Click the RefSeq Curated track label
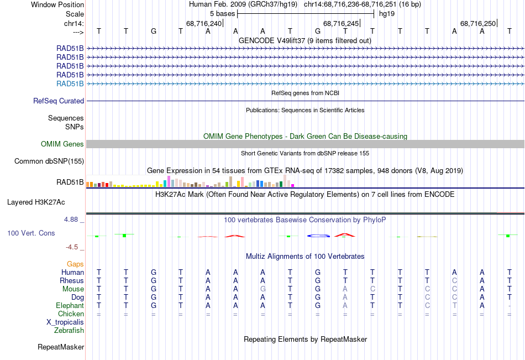tap(59, 101)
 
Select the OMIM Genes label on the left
tap(62, 144)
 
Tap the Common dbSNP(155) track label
tap(49, 161)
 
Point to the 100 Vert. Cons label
tap(31, 233)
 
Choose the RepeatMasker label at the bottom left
tap(61, 347)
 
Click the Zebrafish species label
tap(69, 331)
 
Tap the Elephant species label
tap(70, 306)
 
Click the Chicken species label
tap(71, 314)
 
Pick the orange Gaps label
tap(75, 264)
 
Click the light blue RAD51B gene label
tap(70, 84)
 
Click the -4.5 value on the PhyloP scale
tap(75, 247)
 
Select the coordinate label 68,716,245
tap(341, 23)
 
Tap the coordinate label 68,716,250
tap(478, 23)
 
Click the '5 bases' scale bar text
tap(222, 13)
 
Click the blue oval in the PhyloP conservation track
tap(318, 236)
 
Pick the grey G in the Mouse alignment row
tap(263, 289)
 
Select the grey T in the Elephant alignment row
tap(455, 306)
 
